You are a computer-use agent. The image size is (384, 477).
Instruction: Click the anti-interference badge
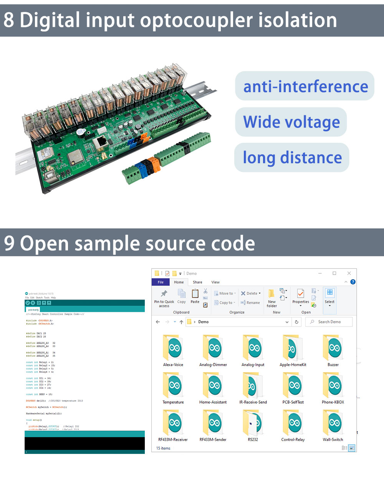(305, 86)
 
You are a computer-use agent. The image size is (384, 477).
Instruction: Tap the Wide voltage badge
(291, 122)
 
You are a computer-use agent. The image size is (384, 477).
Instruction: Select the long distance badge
(292, 158)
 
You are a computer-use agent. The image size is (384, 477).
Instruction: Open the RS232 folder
(253, 423)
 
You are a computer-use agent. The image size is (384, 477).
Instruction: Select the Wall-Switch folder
(333, 423)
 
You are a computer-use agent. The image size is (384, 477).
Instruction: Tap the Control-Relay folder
(293, 423)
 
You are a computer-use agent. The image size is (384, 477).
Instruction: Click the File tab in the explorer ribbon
(161, 282)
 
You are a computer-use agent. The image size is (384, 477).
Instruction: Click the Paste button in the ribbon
(195, 296)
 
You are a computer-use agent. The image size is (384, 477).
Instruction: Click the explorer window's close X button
(349, 273)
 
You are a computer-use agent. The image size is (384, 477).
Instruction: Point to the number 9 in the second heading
(9, 243)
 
